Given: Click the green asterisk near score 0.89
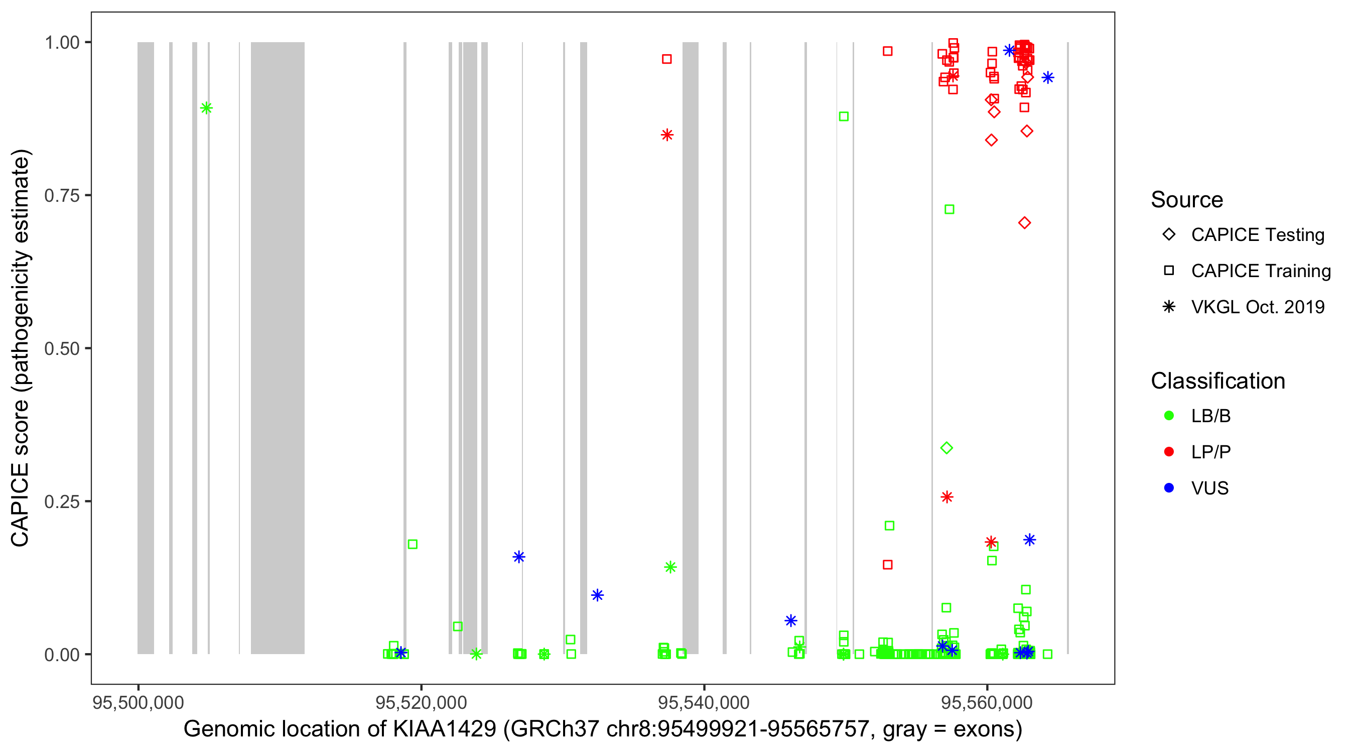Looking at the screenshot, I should (206, 108).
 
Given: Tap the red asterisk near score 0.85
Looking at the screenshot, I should (667, 135).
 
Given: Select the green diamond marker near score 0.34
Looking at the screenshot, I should (946, 448).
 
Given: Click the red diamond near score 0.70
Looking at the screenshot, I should (1024, 223).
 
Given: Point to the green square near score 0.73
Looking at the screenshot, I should (950, 209).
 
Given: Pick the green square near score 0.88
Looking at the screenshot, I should (844, 116).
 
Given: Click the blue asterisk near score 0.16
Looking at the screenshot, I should (518, 557).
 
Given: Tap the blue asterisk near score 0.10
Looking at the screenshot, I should (597, 595).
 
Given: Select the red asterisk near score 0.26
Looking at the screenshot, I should (947, 497).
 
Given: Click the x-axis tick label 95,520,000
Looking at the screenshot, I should (422, 702).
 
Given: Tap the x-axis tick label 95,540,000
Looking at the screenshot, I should (704, 702).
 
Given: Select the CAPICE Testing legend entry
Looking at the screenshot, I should (1257, 235).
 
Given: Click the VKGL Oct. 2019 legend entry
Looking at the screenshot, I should (1257, 307).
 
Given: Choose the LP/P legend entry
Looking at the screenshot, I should (1210, 452).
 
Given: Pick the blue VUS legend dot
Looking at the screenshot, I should (1169, 488).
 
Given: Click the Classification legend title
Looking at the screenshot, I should (1217, 381).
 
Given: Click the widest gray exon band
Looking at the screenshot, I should (277, 347).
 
